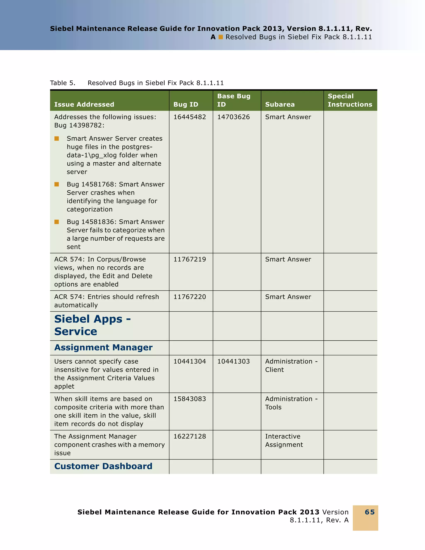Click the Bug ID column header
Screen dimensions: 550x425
tap(186, 104)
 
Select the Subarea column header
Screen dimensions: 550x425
tap(280, 104)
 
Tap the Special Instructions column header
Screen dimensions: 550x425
tap(350, 100)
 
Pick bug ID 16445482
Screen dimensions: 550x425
tap(190, 117)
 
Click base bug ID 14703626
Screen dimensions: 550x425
tap(233, 117)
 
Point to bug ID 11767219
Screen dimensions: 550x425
tap(190, 259)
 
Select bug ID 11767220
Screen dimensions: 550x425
tap(190, 297)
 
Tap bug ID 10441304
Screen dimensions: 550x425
tap(190, 361)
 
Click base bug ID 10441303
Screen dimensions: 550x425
tap(233, 361)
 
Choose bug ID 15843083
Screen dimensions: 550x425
tap(190, 399)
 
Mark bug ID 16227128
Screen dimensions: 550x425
tap(190, 436)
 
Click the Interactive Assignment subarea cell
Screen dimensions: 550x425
tap(284, 440)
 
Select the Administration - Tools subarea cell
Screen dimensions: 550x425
tap(291, 403)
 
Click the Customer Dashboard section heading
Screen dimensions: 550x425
tap(103, 466)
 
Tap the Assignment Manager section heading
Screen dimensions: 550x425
tap(103, 348)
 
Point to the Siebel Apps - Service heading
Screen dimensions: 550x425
tap(92, 325)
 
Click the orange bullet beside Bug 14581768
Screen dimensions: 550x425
tap(57, 184)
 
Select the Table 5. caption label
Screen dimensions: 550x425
tap(62, 83)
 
